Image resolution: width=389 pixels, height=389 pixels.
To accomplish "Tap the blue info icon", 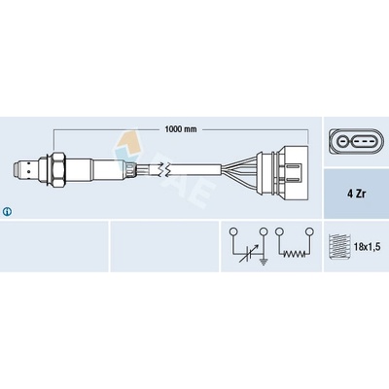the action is pyautogui.click(x=7, y=212).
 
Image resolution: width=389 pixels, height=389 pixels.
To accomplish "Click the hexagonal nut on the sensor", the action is pyautogui.click(x=58, y=170).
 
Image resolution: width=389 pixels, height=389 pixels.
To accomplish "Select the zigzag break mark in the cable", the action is pyautogui.click(x=163, y=170).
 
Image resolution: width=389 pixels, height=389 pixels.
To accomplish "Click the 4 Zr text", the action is pyautogui.click(x=356, y=194).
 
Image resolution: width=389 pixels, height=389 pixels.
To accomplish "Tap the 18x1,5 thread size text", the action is pyautogui.click(x=366, y=247).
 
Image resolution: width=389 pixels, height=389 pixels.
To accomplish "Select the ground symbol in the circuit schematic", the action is pyautogui.click(x=264, y=262).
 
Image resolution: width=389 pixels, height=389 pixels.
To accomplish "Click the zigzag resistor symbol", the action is pyautogui.click(x=294, y=254).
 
